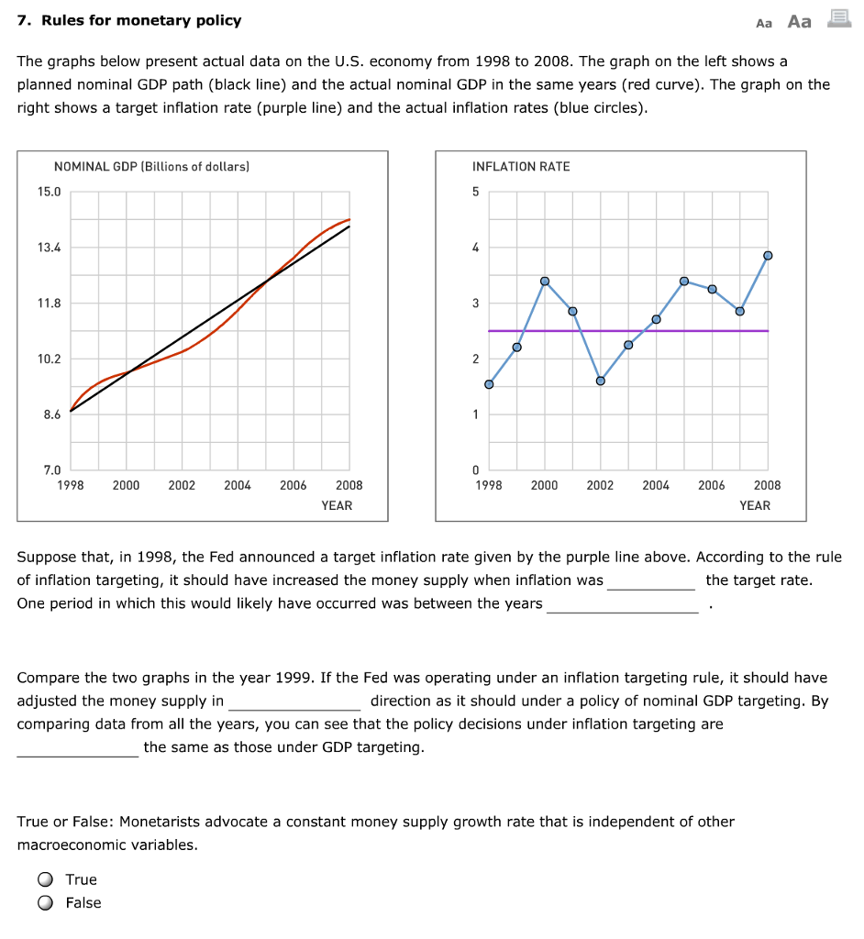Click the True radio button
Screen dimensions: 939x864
tap(45, 879)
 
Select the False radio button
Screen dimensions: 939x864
tap(45, 902)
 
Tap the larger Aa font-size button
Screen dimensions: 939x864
tap(800, 21)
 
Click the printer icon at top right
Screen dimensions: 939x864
tap(837, 19)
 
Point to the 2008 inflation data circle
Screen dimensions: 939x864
tap(768, 255)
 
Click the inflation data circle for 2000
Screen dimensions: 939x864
tap(545, 281)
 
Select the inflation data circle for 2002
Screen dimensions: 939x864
tap(601, 381)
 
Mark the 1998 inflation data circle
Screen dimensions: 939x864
tap(489, 384)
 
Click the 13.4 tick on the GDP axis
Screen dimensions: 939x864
tap(49, 248)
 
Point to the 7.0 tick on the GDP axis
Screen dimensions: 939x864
tap(51, 470)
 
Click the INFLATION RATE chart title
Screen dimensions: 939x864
tap(520, 167)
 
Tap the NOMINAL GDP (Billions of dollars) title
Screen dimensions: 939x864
tap(151, 167)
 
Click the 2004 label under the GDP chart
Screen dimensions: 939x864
tap(238, 485)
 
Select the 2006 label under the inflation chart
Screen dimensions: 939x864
tap(711, 485)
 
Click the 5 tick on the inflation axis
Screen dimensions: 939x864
tap(475, 192)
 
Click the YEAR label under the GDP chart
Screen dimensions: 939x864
tap(337, 505)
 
